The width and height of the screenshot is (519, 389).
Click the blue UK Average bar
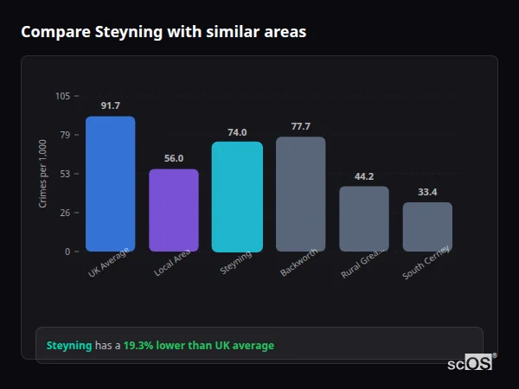[x=110, y=184]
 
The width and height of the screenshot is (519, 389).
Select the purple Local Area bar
[x=174, y=210]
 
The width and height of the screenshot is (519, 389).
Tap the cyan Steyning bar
[x=237, y=197]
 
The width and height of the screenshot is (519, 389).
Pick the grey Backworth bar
[x=300, y=194]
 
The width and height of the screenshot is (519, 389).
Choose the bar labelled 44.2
[x=364, y=219]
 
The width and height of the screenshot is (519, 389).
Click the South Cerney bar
[x=427, y=226]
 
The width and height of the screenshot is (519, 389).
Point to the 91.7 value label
[x=110, y=106]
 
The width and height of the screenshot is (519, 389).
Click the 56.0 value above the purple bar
[x=174, y=159]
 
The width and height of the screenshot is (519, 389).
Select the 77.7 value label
[x=300, y=127]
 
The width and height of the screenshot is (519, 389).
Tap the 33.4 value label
[x=427, y=192]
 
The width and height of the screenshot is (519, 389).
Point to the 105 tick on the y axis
[x=62, y=96]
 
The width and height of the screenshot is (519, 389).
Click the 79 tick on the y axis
[x=64, y=135]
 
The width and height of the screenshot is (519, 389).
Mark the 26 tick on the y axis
[x=64, y=213]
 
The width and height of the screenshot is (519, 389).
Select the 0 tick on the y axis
[x=67, y=252]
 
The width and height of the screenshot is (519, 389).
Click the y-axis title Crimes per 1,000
[x=42, y=173]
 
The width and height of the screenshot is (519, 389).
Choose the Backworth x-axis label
[x=298, y=263]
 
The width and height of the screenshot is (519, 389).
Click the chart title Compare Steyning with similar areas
[x=163, y=32]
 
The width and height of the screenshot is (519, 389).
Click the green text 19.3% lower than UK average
[x=198, y=346]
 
